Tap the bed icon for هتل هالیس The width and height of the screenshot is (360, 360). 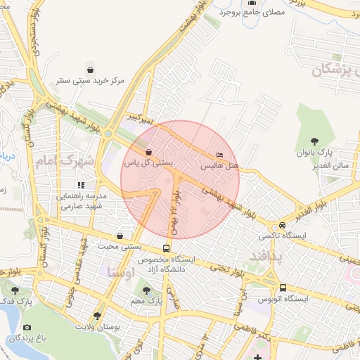[220, 155]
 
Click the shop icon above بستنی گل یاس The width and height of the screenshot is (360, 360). [148, 151]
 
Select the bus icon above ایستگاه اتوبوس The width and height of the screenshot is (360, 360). [283, 288]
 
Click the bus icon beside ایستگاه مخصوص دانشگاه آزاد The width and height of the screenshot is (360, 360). [166, 248]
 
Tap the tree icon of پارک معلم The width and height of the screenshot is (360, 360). [146, 290]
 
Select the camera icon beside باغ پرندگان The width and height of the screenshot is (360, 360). [27, 327]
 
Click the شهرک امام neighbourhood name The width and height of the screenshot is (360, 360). [67, 161]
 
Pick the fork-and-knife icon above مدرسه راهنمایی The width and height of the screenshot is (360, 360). [81, 184]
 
